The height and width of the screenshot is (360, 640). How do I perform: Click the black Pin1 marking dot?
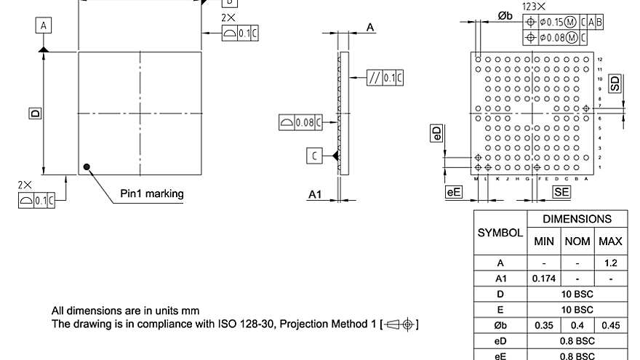pos(87,167)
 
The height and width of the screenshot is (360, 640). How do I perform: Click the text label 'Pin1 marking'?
pos(152,193)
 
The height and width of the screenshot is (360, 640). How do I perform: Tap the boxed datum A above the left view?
pos(44,26)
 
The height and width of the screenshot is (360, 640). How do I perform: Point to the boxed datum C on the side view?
pos(313,156)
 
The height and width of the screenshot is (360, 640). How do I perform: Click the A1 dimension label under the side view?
pos(315,194)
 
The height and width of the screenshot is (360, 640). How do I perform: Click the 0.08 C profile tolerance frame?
pos(300,122)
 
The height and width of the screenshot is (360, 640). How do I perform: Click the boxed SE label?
pos(561,192)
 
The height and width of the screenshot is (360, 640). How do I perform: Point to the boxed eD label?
pos(436,132)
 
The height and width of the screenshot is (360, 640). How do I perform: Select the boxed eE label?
pos(454,192)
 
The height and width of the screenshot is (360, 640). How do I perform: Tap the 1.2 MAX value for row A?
pos(611,263)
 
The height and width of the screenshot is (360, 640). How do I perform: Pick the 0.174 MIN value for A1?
pos(544,279)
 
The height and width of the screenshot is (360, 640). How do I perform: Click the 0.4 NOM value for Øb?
pos(577,324)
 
